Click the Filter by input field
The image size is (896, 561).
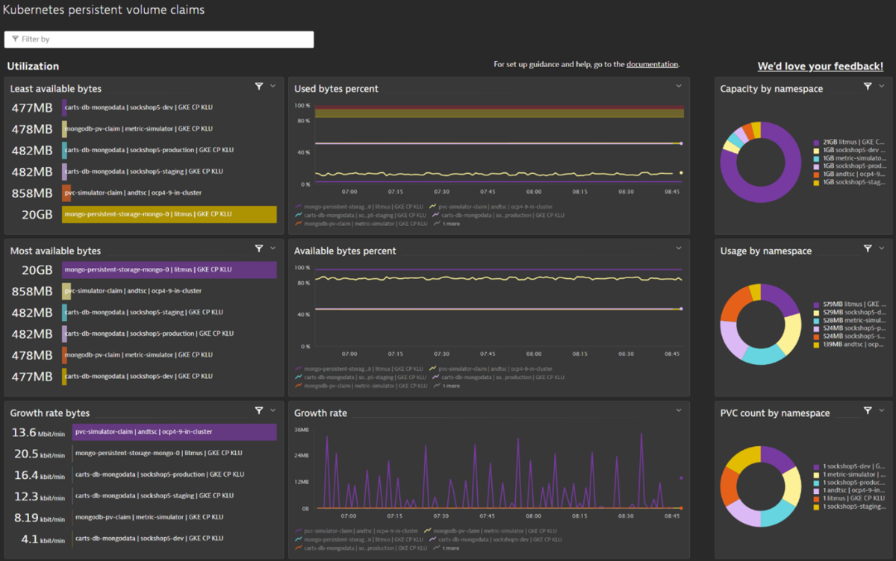coord(158,39)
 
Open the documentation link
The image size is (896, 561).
coord(652,65)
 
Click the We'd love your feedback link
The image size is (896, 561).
coord(820,66)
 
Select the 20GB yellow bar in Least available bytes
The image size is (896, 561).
coord(169,214)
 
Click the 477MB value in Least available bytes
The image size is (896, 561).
coord(32,108)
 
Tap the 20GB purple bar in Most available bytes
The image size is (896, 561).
coord(169,270)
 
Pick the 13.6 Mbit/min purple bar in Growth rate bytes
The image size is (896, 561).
coord(175,432)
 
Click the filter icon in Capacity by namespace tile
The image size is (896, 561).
coord(868,87)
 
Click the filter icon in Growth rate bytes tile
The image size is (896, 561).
coord(259,410)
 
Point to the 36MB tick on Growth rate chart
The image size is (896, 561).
coord(302,430)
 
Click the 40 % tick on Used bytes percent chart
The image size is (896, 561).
coord(303,152)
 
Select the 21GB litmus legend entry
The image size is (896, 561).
coord(848,142)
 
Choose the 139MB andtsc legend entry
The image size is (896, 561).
coord(848,345)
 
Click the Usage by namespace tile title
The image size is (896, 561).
coord(765,251)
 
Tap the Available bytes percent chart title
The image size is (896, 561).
coord(345,251)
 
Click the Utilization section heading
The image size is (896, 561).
coord(33,66)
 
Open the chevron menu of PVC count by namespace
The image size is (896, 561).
coord(882,410)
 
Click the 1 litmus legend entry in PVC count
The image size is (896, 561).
coord(848,498)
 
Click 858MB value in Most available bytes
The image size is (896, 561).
coord(32,292)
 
